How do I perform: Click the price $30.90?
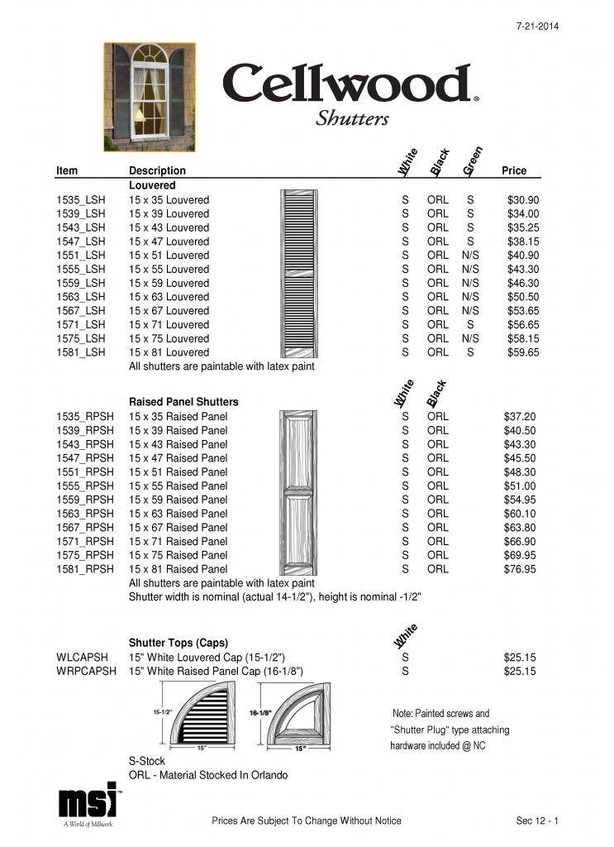pos(522,200)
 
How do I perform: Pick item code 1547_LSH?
pos(81,242)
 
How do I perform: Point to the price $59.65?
pos(522,352)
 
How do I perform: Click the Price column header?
pos(514,170)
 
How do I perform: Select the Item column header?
pos(67,170)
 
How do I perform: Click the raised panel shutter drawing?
pos(299,494)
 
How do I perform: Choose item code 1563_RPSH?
pos(84,514)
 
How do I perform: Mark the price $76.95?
pos(520,569)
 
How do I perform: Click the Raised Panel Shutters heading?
pos(183,402)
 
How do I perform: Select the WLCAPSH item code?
pos(83,658)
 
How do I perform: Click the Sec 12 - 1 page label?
pos(537,821)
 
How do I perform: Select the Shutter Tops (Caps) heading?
pos(178,643)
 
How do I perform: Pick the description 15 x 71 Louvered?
pos(169,324)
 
